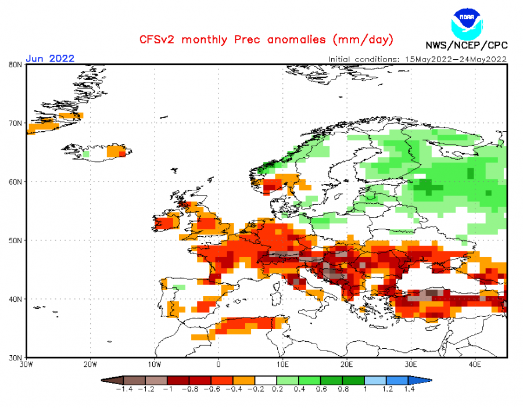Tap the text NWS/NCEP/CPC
466,45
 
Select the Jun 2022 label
50,59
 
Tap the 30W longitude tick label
26,364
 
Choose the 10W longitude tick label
154,364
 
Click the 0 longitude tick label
218,364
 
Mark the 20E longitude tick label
347,364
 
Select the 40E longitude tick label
475,364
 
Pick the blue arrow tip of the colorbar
427,380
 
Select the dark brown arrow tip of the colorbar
106,380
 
